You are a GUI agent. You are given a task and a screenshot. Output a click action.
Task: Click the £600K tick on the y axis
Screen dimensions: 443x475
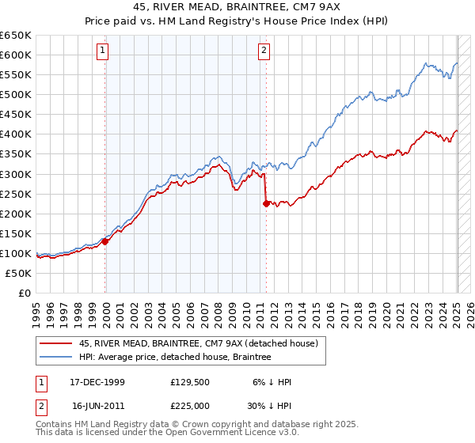pos(15,55)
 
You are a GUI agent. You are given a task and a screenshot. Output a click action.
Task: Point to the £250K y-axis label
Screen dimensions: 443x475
pos(15,194)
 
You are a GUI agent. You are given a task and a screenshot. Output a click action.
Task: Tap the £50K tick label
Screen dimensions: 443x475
pos(18,273)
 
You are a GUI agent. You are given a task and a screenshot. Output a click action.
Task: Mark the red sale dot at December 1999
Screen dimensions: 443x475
pos(105,241)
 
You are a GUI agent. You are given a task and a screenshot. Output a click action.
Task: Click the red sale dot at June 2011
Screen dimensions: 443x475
pos(266,203)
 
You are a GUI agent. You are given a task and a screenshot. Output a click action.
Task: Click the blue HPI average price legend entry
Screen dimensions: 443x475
pos(175,357)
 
